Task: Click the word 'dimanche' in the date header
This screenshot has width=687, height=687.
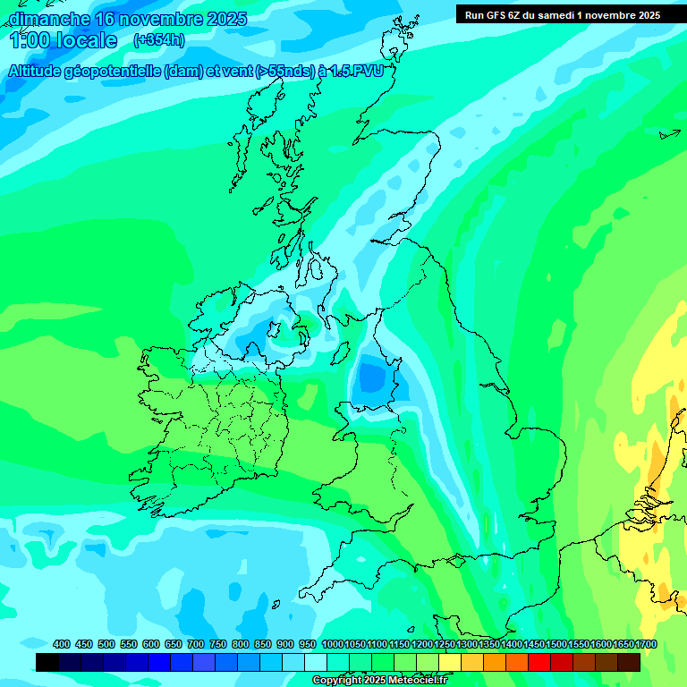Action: click(x=49, y=19)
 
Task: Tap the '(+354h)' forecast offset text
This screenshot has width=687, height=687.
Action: click(x=160, y=40)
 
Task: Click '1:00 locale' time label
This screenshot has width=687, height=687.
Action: click(x=64, y=40)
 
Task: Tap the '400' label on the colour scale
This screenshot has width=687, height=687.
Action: click(x=62, y=644)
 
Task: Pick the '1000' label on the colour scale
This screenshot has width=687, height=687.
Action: click(x=332, y=644)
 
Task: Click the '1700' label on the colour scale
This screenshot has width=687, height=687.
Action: click(x=646, y=644)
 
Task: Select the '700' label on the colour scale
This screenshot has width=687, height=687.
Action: click(x=196, y=644)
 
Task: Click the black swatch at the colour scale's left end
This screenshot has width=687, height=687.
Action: click(x=47, y=662)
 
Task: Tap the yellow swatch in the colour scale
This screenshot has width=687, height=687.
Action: click(x=450, y=662)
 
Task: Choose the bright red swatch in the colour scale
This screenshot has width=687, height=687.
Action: click(x=539, y=662)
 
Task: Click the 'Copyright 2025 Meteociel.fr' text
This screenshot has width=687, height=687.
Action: click(x=380, y=681)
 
